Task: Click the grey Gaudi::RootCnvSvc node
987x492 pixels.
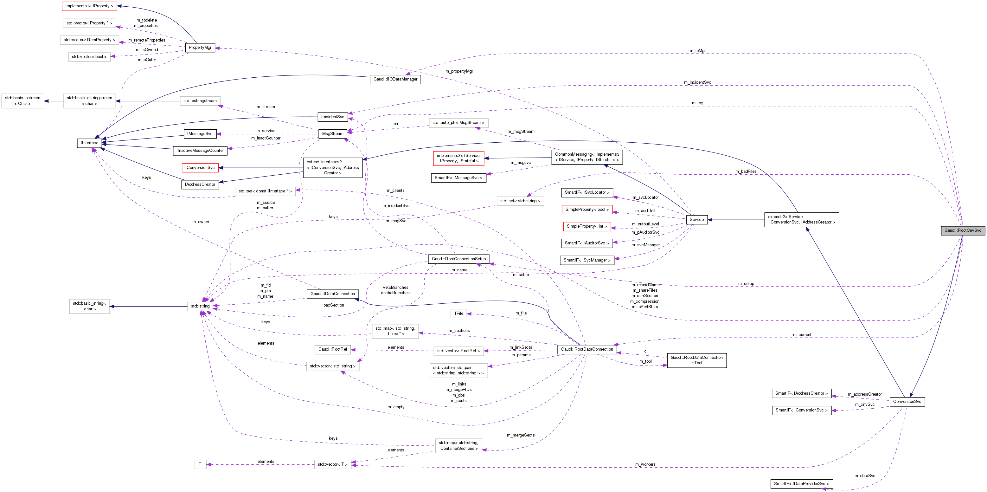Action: pyautogui.click(x=963, y=230)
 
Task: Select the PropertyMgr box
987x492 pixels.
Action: pyautogui.click(x=200, y=48)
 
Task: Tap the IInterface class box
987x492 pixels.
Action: pyautogui.click(x=90, y=143)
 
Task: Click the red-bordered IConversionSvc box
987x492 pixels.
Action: pyautogui.click(x=200, y=168)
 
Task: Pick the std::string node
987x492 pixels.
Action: pyautogui.click(x=200, y=306)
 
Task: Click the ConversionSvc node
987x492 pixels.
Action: pyautogui.click(x=907, y=402)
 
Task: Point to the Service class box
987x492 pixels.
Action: pyautogui.click(x=696, y=220)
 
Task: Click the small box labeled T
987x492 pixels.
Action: pyautogui.click(x=200, y=464)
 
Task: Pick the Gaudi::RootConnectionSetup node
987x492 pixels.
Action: pyautogui.click(x=458, y=259)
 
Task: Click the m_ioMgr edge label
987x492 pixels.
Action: pyautogui.click(x=697, y=51)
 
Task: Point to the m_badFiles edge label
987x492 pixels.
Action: pyautogui.click(x=745, y=172)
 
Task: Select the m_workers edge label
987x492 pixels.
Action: pyautogui.click(x=645, y=464)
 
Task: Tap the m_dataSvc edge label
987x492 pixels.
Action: pyautogui.click(x=864, y=476)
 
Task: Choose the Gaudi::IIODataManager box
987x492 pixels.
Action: pyautogui.click(x=395, y=79)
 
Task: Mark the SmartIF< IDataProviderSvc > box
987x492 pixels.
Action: pyautogui.click(x=801, y=483)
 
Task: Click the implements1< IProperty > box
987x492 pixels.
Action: pyautogui.click(x=89, y=6)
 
